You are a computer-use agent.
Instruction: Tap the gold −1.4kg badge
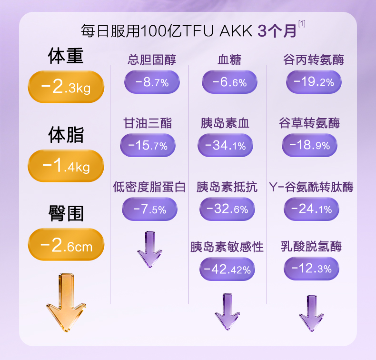click(66, 166)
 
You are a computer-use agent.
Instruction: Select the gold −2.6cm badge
click(66, 246)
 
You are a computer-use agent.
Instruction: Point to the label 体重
click(66, 56)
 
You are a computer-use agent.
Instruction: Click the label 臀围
click(66, 213)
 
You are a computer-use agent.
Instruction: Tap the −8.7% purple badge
click(152, 82)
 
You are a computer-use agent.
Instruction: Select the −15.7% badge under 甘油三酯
click(148, 146)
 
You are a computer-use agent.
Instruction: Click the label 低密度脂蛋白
click(149, 187)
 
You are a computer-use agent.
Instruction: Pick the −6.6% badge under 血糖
click(229, 82)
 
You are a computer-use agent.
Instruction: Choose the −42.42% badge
click(227, 270)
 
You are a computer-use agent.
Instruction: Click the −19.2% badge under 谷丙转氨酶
click(313, 82)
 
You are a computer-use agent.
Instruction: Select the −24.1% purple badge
click(311, 209)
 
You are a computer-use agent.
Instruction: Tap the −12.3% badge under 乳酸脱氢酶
click(311, 269)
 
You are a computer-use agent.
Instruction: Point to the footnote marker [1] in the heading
click(301, 23)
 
